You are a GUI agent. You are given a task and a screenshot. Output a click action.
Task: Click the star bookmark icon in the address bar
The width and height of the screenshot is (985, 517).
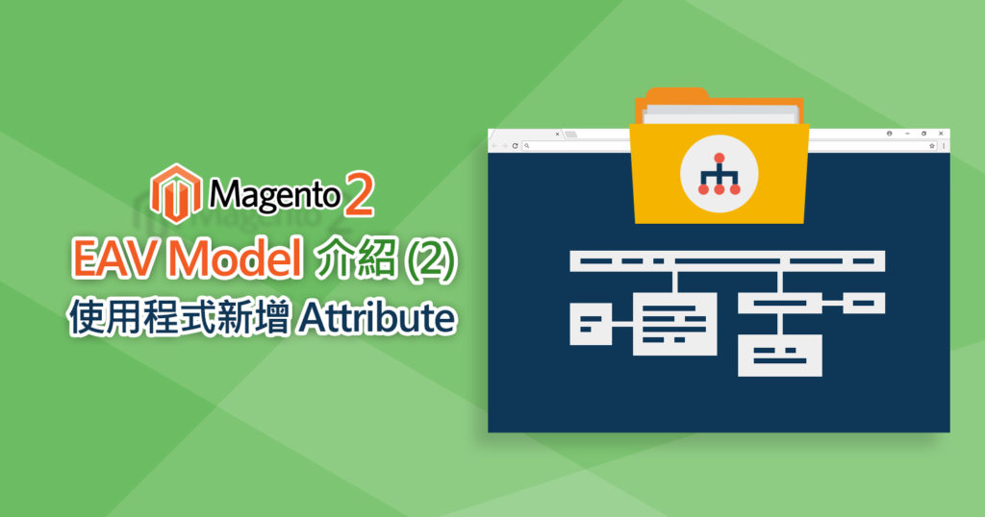pos(931,146)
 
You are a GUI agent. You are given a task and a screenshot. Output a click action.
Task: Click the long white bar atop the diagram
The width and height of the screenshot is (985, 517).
pos(727,260)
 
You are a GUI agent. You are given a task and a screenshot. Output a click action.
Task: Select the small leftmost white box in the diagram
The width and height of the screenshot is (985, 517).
pos(591,323)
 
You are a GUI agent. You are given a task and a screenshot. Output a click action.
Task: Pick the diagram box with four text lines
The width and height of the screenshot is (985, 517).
pos(676,324)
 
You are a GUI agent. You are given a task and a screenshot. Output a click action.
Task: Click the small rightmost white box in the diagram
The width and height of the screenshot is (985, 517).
pos(863,304)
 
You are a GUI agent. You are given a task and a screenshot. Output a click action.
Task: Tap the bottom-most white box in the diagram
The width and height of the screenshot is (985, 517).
pos(780,355)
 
